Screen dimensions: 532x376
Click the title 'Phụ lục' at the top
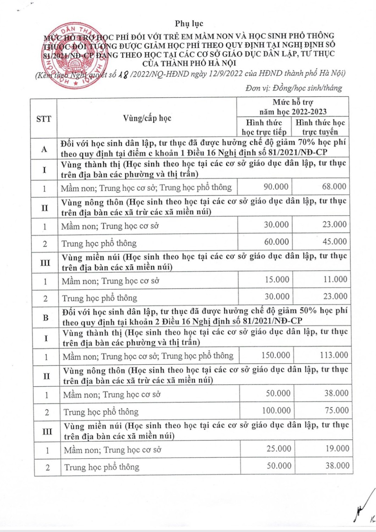pyautogui.click(x=189, y=24)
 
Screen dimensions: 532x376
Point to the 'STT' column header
pyautogui.click(x=44, y=119)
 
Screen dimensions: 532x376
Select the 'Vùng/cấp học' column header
pyautogui.click(x=147, y=118)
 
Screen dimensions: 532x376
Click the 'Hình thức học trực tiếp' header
pyautogui.click(x=264, y=127)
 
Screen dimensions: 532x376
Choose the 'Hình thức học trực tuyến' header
pyautogui.click(x=320, y=127)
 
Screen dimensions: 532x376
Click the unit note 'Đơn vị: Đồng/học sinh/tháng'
pyautogui.click(x=294, y=88)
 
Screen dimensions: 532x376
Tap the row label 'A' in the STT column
pyautogui.click(x=44, y=149)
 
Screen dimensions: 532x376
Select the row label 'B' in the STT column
pyautogui.click(x=46, y=318)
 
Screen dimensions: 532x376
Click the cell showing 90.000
pyautogui.click(x=276, y=187)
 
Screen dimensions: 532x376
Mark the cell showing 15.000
pyautogui.click(x=277, y=280)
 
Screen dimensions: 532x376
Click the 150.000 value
pyautogui.click(x=276, y=355)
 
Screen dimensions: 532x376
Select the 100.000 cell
pyautogui.click(x=276, y=411)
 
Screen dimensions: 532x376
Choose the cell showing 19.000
pyautogui.click(x=337, y=449)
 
